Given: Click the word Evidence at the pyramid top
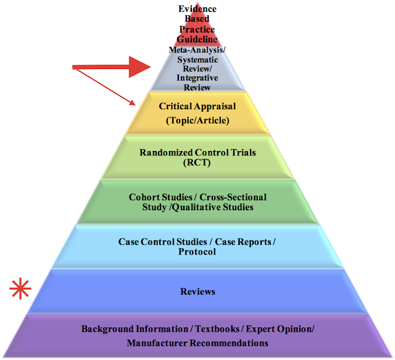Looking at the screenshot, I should click(197, 9).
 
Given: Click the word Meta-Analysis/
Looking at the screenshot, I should click(197, 49).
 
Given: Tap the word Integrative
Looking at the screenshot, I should click(197, 78).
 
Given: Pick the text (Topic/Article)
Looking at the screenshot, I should click(197, 121).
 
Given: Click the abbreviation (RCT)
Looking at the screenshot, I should click(197, 163).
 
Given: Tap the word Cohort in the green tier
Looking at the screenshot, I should click(144, 197).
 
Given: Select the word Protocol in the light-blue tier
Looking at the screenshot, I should click(197, 252).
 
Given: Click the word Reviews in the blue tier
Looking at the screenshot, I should click(197, 291).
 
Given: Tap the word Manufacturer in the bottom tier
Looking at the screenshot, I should click(157, 343).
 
